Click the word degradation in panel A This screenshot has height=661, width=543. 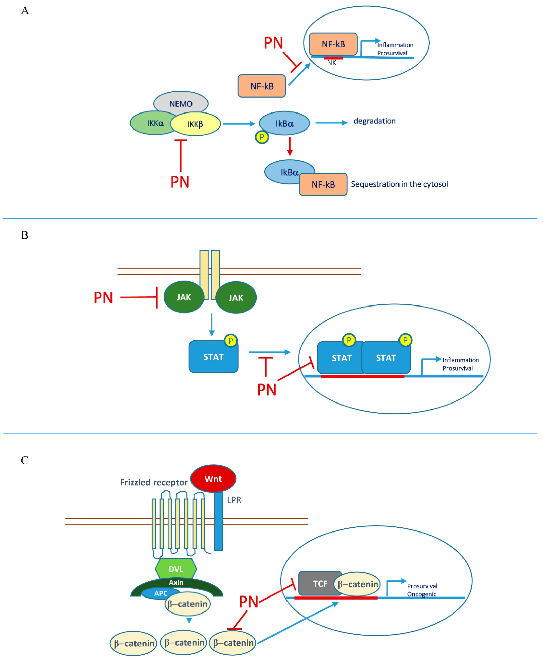coord(374,121)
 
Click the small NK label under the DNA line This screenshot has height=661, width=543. coord(332,63)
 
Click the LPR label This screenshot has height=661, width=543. coord(234,500)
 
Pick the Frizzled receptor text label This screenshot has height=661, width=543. coord(154,482)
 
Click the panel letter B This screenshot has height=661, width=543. coord(25,235)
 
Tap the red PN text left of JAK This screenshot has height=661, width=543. coord(103,297)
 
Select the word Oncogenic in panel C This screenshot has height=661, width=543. coord(422,594)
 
